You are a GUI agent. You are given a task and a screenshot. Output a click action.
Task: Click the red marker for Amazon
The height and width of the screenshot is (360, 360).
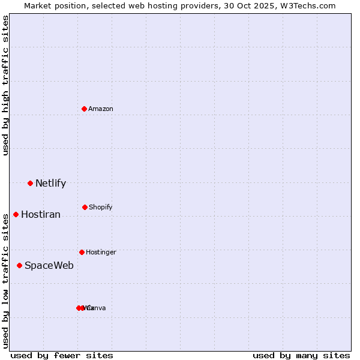click(x=85, y=109)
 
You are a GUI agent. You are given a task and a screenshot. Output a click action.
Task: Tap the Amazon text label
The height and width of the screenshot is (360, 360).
click(x=101, y=109)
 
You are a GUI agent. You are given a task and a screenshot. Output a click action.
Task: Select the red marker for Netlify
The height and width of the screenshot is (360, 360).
click(x=30, y=183)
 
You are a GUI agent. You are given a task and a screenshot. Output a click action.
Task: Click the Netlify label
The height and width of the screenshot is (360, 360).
click(x=50, y=184)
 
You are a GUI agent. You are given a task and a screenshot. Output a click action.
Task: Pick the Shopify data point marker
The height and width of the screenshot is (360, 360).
click(x=85, y=207)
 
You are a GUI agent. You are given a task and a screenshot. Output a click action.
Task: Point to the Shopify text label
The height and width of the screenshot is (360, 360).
click(x=101, y=207)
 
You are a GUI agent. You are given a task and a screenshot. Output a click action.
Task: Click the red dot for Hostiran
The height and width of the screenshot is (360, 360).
click(x=16, y=214)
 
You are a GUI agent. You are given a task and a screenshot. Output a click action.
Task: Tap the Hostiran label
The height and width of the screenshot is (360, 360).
click(x=41, y=215)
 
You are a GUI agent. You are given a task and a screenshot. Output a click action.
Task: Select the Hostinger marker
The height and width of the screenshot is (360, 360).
click(x=82, y=252)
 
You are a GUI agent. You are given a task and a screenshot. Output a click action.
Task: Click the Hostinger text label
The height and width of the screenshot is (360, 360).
click(x=101, y=252)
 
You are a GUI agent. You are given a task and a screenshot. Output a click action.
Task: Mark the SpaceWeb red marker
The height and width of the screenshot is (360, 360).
click(x=19, y=265)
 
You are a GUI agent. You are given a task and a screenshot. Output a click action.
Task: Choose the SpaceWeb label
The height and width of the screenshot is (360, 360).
click(x=49, y=266)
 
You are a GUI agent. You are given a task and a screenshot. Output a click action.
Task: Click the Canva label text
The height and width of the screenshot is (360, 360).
click(x=97, y=308)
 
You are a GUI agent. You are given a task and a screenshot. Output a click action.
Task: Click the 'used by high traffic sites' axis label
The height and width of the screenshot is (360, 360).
click(x=5, y=85)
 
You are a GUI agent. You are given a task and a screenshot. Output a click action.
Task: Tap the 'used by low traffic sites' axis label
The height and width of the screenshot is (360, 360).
click(x=5, y=281)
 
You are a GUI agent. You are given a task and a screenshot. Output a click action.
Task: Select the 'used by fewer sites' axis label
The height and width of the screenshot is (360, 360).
click(x=62, y=355)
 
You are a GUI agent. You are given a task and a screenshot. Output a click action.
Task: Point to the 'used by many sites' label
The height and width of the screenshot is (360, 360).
click(x=301, y=355)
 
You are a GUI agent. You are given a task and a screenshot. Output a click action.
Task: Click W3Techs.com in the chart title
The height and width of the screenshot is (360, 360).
click(x=310, y=5)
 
